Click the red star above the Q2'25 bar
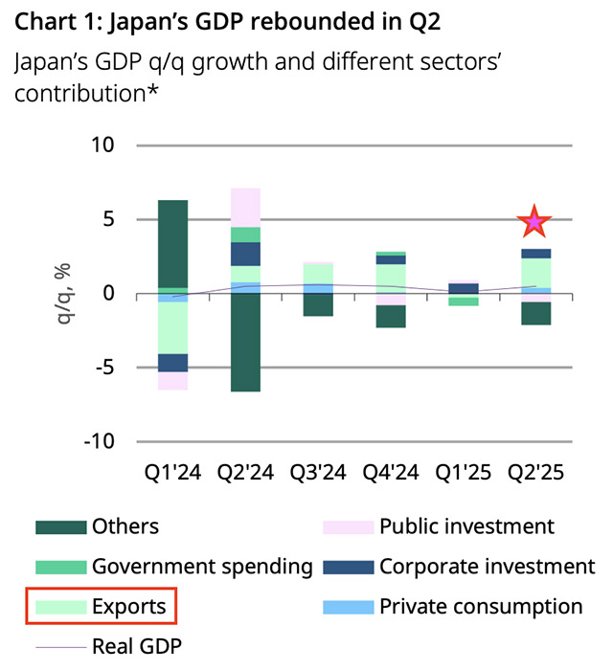point(534,223)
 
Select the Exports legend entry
point(101,607)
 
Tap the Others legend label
point(125,526)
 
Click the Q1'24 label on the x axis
point(173,472)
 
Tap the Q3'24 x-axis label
point(319,472)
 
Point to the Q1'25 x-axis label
point(464,472)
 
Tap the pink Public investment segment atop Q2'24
point(246,207)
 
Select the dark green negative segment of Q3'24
point(319,304)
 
